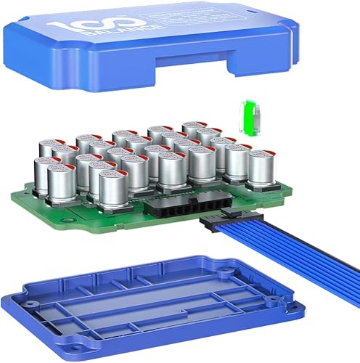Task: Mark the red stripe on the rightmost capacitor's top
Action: (261, 152)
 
